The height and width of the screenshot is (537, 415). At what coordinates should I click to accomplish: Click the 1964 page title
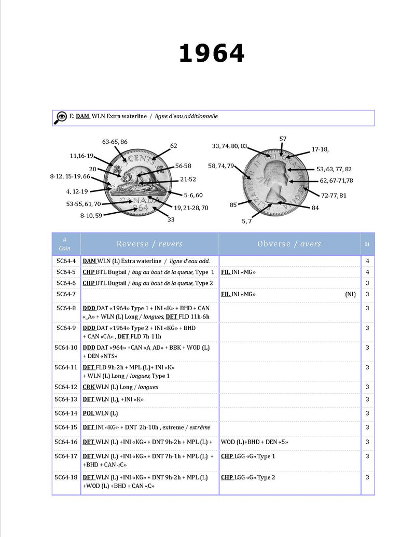pos(211,53)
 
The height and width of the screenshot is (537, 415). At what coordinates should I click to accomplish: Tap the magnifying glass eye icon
pos(60,118)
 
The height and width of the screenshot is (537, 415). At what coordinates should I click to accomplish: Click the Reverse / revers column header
pos(149,244)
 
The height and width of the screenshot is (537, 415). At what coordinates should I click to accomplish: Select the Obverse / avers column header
pos(289,244)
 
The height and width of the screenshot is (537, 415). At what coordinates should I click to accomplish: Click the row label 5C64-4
pos(66,261)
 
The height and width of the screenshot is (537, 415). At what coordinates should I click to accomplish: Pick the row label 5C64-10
pos(66,347)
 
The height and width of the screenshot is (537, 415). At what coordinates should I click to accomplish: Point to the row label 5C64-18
pos(66,477)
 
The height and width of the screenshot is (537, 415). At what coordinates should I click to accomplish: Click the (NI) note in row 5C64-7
pos(351,294)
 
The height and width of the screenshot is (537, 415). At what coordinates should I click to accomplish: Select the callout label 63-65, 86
pos(115,142)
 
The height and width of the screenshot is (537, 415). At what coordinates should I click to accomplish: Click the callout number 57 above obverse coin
pos(283,139)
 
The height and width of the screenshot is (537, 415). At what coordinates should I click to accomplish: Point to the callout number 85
pos(233,205)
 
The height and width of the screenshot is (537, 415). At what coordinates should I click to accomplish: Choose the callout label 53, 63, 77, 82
pos(334,169)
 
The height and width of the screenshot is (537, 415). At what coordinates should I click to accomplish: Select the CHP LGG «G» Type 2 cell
pos(248,477)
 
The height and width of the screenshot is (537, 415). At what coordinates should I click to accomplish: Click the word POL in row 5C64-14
pos(89,414)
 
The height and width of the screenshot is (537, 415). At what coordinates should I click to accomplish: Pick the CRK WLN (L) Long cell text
pos(120,387)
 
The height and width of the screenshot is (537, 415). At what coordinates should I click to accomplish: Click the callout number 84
pos(315,208)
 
